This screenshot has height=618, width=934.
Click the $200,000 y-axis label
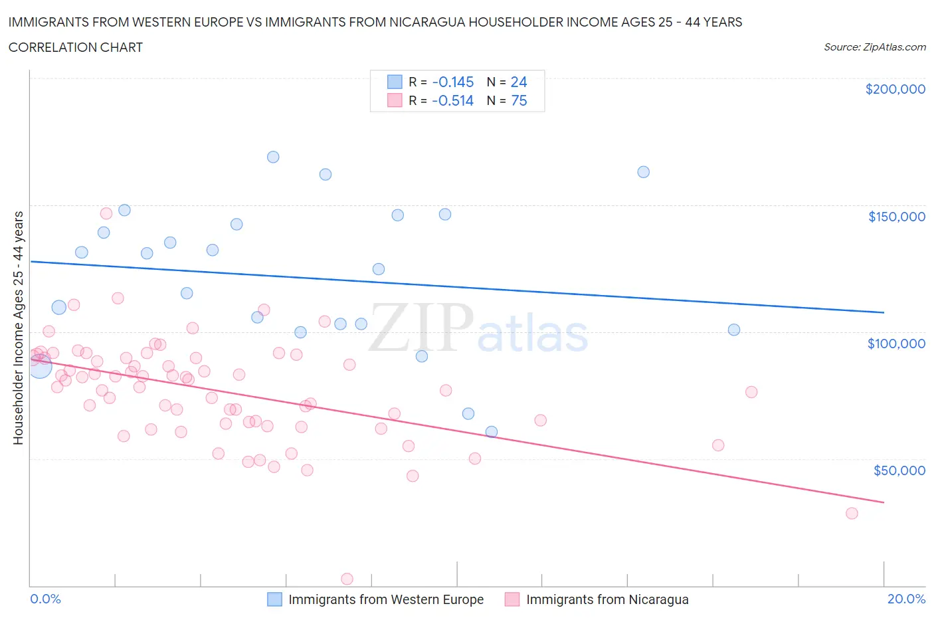pyautogui.click(x=895, y=89)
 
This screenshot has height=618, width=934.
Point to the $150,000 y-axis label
pyautogui.click(x=896, y=216)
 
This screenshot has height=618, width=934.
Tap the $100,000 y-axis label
pyautogui.click(x=896, y=343)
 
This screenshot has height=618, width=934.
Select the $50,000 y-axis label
pyautogui.click(x=899, y=470)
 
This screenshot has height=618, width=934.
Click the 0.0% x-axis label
pyautogui.click(x=45, y=599)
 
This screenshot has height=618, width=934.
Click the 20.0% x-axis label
pyautogui.click(x=906, y=599)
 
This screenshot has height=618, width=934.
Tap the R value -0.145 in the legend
pyautogui.click(x=452, y=82)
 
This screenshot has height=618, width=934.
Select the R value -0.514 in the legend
pyautogui.click(x=452, y=100)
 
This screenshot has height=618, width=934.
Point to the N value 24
pyautogui.click(x=518, y=82)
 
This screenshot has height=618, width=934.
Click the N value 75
pyautogui.click(x=518, y=100)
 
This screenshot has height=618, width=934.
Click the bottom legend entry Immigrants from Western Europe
pyautogui.click(x=385, y=599)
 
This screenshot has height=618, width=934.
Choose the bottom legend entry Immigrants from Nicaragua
pyautogui.click(x=607, y=599)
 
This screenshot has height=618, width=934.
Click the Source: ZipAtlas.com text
pyautogui.click(x=874, y=47)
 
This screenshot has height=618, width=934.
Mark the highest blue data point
pyautogui.click(x=273, y=157)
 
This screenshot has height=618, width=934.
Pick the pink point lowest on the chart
pyautogui.click(x=347, y=579)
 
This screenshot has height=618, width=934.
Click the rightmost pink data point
pyautogui.click(x=852, y=513)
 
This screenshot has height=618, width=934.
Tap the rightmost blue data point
pyautogui.click(x=734, y=330)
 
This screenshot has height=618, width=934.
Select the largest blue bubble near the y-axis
pyautogui.click(x=40, y=366)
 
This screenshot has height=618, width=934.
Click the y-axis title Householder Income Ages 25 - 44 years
pyautogui.click(x=19, y=328)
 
